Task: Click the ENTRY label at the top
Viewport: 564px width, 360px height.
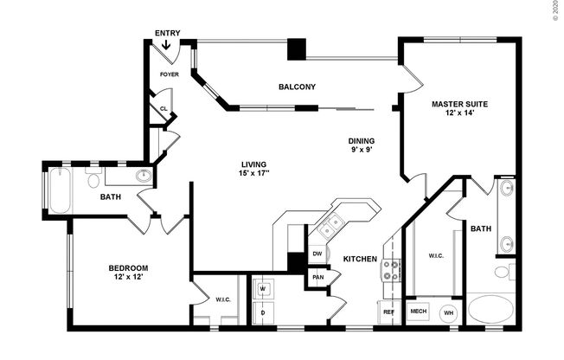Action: (168, 33)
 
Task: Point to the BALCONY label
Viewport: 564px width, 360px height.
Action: (296, 87)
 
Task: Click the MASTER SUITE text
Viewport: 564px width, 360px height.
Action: (459, 109)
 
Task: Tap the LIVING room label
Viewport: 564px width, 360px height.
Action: (253, 170)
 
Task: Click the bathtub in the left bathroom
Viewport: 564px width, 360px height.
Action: (60, 190)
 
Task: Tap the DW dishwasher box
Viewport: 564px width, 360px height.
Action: (317, 254)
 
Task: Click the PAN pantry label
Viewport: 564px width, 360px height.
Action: (317, 279)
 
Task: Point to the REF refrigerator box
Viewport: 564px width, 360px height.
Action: (388, 312)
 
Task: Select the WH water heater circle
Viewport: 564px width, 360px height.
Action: (449, 312)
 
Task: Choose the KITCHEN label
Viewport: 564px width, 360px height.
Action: (359, 259)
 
